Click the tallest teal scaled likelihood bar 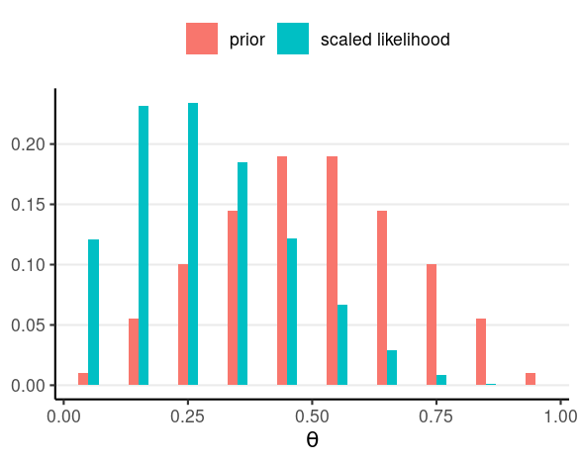(x=193, y=244)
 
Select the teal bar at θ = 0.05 (x=93, y=313)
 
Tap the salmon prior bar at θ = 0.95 (x=531, y=379)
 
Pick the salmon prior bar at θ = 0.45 (x=282, y=271)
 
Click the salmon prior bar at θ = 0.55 (x=332, y=271)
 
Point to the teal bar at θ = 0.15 (x=144, y=245)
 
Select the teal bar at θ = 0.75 (x=441, y=380)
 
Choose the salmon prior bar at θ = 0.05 (x=83, y=379)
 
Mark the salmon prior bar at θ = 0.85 (x=481, y=351)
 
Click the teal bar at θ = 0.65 (x=392, y=368)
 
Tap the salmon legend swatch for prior (x=202, y=39)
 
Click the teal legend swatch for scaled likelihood (x=293, y=39)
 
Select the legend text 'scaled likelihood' (x=385, y=40)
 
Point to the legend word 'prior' (x=247, y=41)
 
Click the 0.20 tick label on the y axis (x=28, y=144)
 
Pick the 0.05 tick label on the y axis (x=28, y=325)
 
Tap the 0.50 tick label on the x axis (x=312, y=417)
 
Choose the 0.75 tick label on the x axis (x=435, y=417)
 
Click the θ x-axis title (x=312, y=439)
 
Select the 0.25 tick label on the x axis (x=187, y=417)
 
